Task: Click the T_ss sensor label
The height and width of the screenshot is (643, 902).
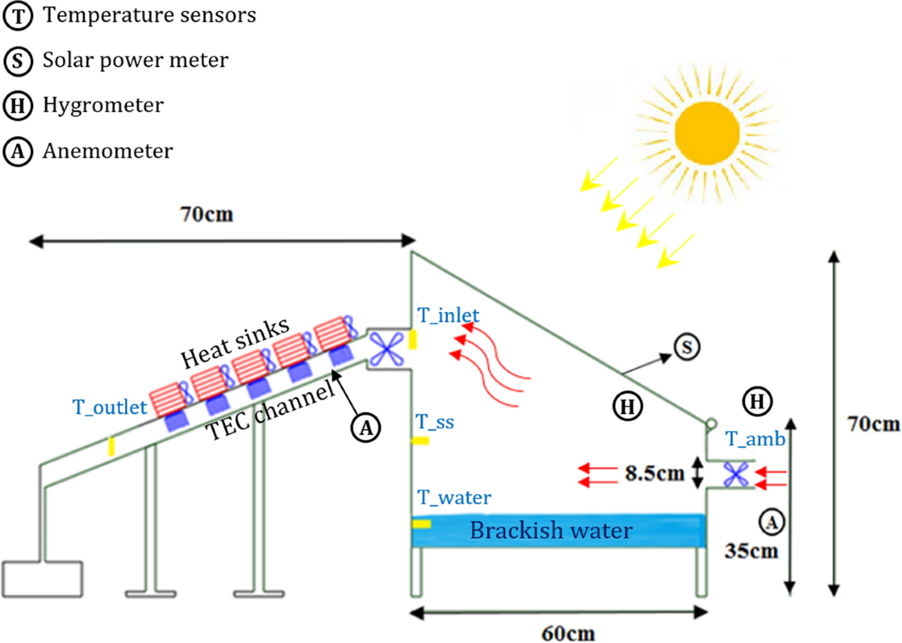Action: click(x=437, y=423)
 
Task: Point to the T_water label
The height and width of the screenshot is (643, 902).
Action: click(x=455, y=497)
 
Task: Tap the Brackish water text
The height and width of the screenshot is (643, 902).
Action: click(x=551, y=531)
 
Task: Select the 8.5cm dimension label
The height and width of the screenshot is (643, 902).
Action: click(x=655, y=473)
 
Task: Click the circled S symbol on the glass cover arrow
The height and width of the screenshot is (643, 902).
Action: click(x=685, y=346)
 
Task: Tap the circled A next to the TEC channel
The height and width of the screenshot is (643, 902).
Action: click(x=365, y=427)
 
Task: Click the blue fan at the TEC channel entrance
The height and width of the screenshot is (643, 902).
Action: click(x=389, y=349)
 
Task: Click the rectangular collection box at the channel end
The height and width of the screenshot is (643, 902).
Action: click(x=42, y=578)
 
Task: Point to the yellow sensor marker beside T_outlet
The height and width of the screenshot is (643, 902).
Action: click(x=112, y=446)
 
